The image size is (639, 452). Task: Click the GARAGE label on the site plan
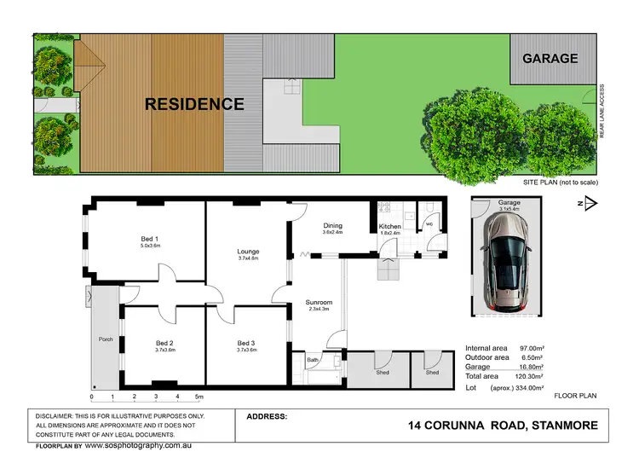tap(550, 59)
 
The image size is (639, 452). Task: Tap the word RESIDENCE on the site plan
tap(194, 105)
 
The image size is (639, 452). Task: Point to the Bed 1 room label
tap(150, 239)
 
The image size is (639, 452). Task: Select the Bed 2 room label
tap(164, 343)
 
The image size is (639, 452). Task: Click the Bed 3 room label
tap(247, 343)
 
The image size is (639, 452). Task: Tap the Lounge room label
tap(248, 252)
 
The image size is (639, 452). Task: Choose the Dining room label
tap(332, 225)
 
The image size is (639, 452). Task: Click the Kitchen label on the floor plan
tap(389, 226)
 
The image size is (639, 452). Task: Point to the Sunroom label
tap(319, 303)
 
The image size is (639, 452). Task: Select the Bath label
tap(313, 361)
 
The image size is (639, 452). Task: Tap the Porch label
tap(106, 339)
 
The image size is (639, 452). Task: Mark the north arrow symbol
tap(591, 203)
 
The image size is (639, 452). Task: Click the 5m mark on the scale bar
tap(199, 397)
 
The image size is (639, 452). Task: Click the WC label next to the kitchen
tap(429, 225)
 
